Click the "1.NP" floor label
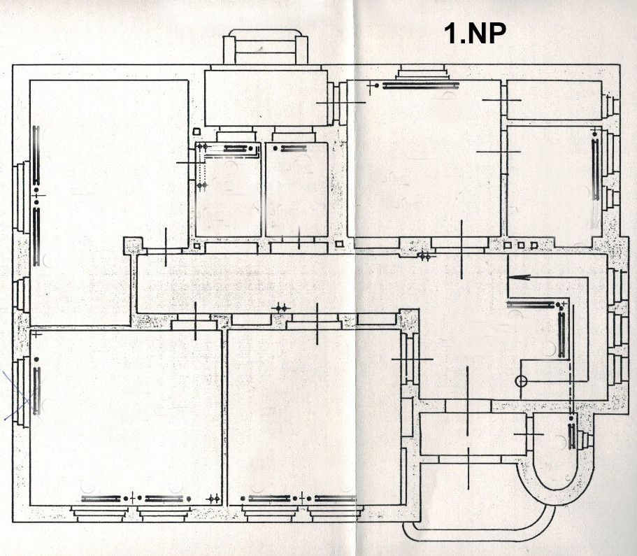475,33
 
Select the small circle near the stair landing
520,381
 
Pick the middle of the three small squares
521,245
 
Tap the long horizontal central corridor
280,283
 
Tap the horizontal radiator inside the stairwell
533,304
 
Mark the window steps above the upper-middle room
424,72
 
